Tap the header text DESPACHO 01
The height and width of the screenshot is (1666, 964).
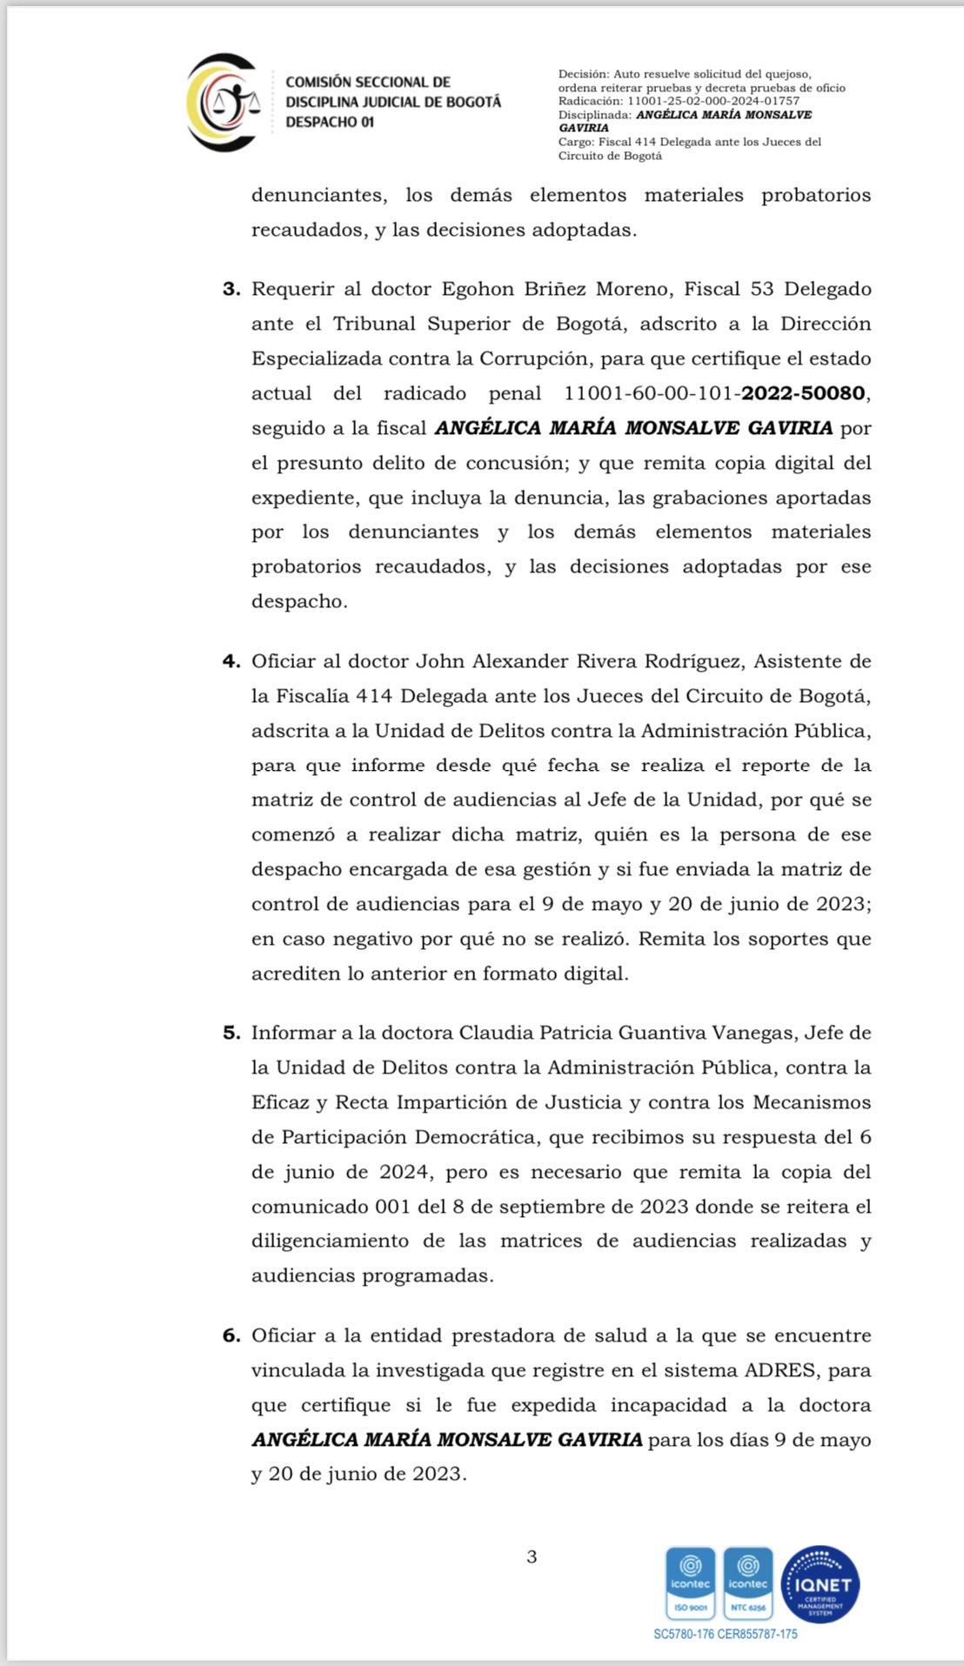[x=330, y=123]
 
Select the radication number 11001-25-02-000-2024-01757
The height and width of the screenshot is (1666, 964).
[x=713, y=101]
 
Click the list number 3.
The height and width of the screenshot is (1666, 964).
[x=231, y=289]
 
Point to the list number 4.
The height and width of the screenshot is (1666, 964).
[x=231, y=661]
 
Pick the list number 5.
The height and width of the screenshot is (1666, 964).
[x=231, y=1033]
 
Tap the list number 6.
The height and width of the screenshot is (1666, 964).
[x=231, y=1335]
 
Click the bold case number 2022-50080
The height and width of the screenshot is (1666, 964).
[x=803, y=393]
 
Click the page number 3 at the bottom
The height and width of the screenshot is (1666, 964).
[x=532, y=1557]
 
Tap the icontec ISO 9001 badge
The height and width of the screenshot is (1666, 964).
[x=691, y=1584]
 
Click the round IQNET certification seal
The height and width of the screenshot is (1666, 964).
[x=820, y=1584]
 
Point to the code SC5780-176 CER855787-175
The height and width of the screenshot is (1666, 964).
[x=725, y=1634]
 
